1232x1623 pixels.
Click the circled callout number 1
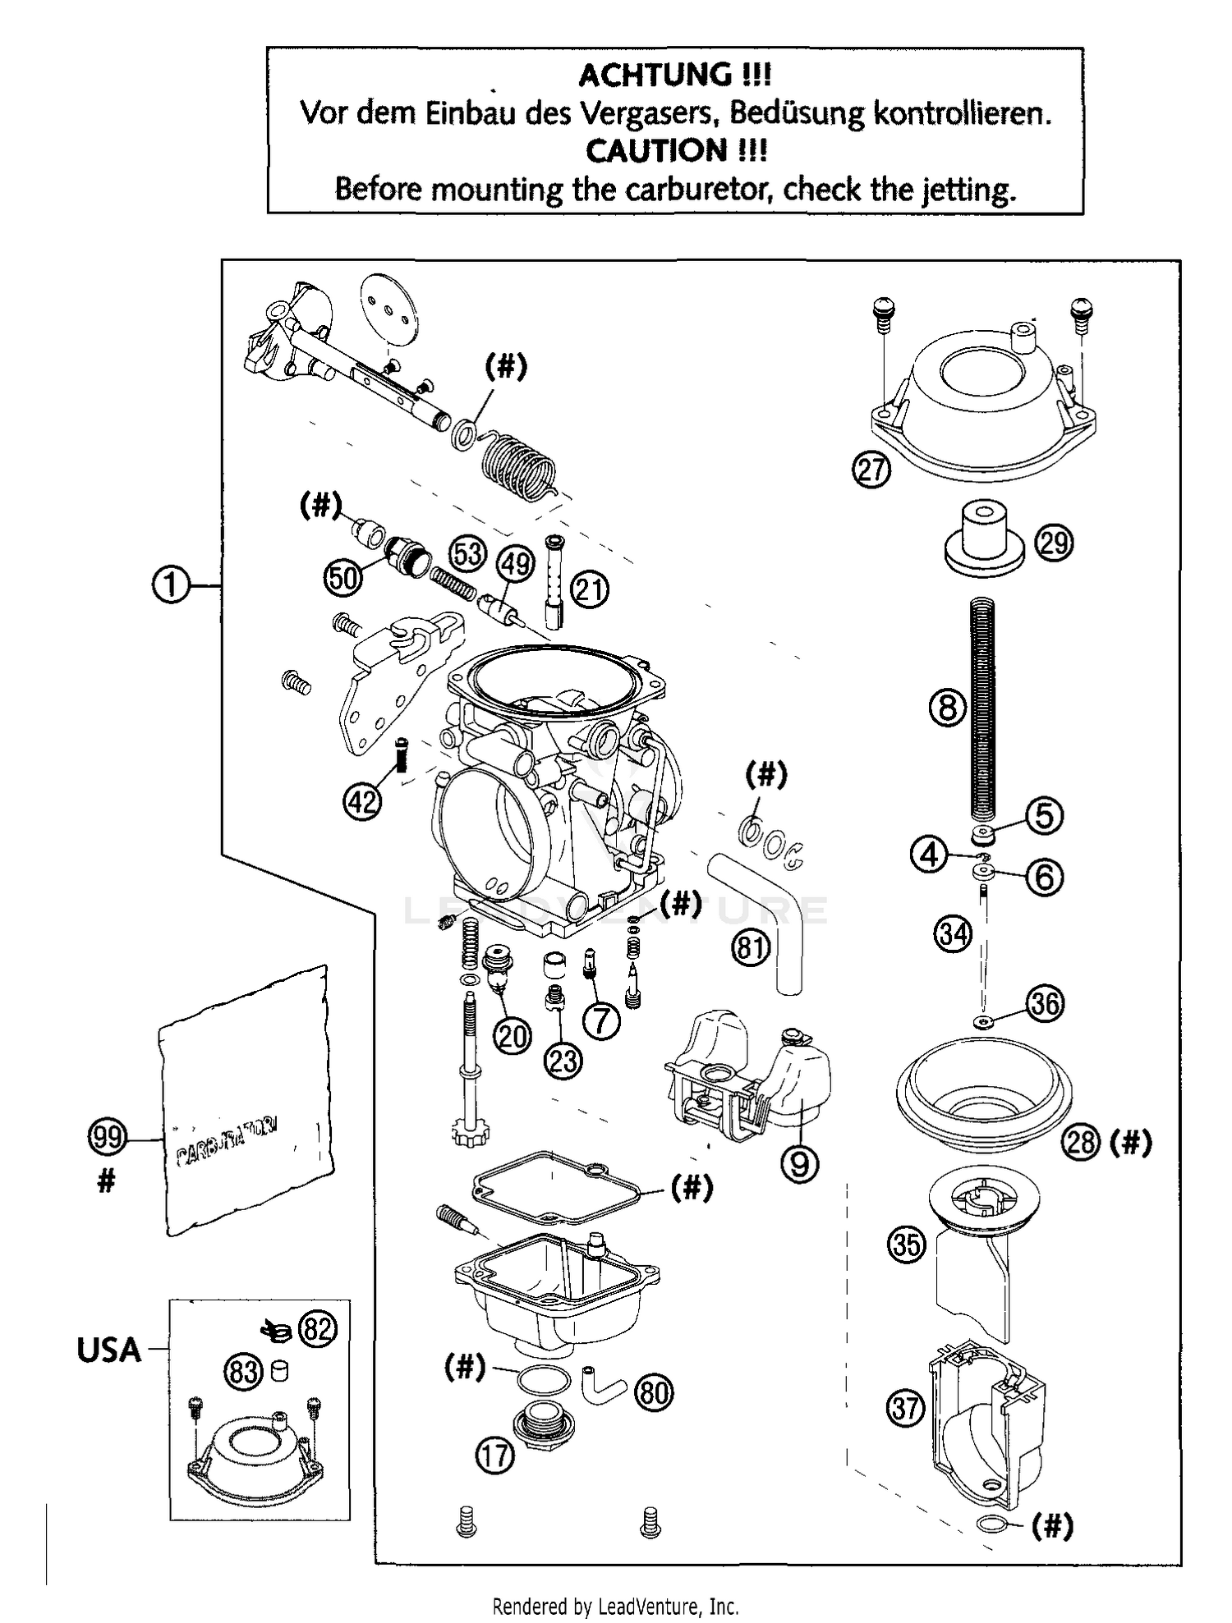171,586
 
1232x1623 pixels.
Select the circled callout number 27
871,470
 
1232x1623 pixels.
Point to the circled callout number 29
1054,543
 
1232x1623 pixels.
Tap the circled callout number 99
107,1138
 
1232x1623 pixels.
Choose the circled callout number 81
750,948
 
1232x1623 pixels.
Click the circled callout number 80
654,1392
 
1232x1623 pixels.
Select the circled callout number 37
906,1409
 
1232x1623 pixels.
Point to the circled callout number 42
362,800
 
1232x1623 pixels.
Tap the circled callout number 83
244,1372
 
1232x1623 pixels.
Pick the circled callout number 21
591,589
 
